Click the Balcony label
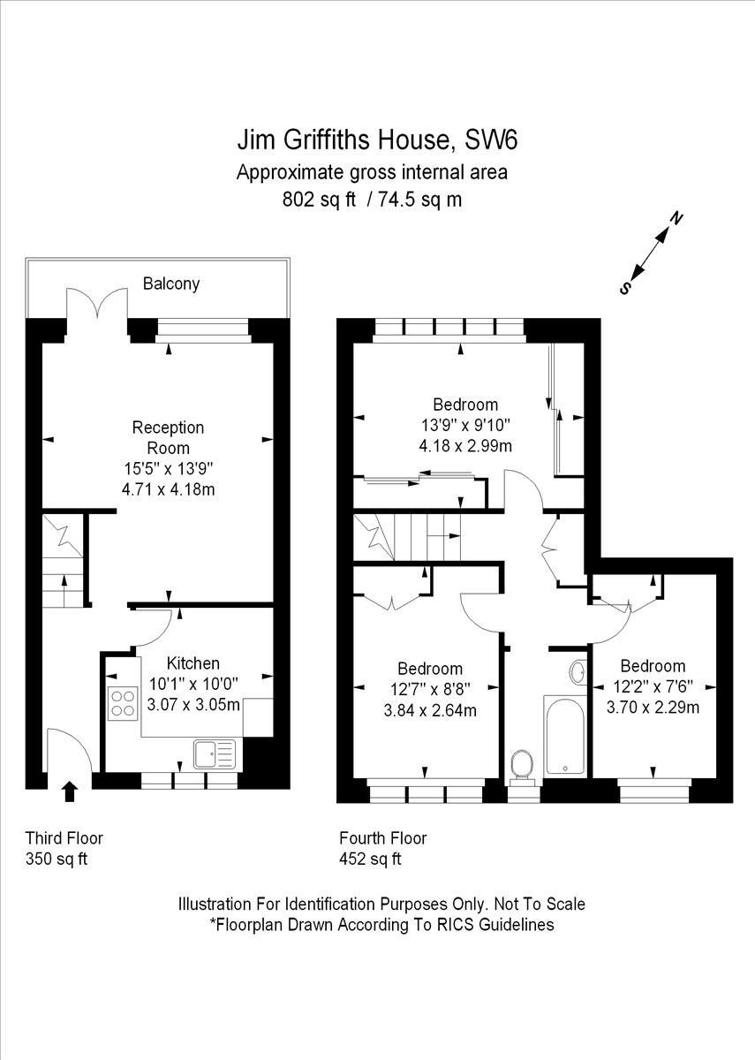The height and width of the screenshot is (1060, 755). click(171, 284)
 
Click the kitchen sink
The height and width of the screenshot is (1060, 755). click(215, 753)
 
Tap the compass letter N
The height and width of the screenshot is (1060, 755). click(676, 218)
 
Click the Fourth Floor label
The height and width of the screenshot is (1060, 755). click(382, 838)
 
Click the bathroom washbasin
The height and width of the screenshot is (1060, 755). click(579, 673)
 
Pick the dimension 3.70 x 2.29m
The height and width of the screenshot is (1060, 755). click(653, 707)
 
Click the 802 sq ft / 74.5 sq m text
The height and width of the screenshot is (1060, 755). click(371, 200)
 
